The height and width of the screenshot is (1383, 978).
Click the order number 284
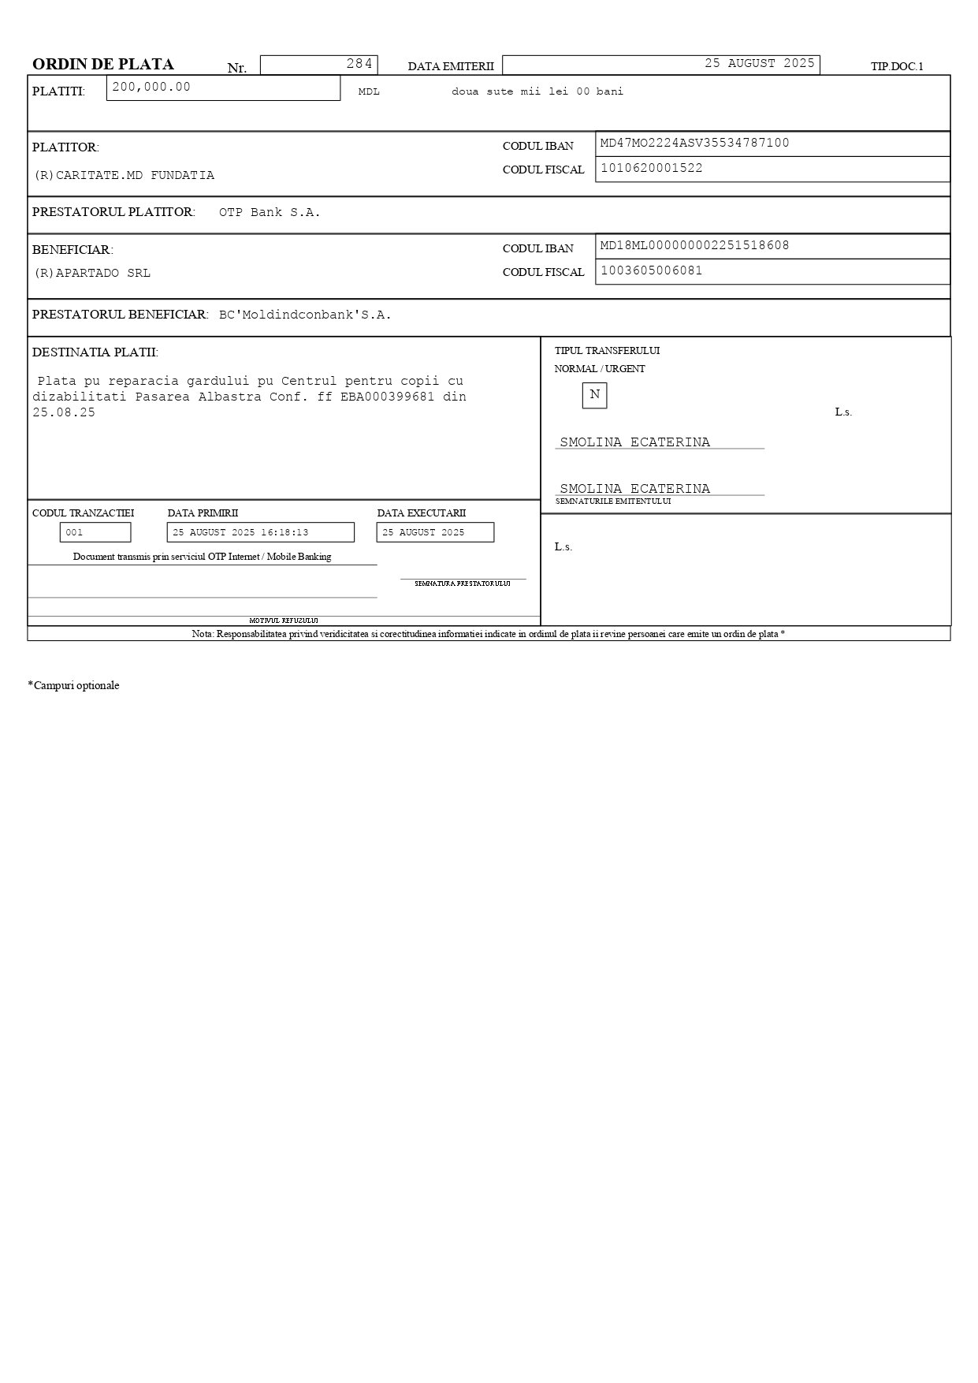(359, 64)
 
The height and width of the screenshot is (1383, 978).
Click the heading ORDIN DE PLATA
(103, 65)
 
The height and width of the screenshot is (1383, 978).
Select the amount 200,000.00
(151, 87)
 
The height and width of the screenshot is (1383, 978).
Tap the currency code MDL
(369, 92)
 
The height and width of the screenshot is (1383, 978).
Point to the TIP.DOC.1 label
(897, 67)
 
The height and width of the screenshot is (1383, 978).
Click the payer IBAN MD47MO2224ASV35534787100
(694, 143)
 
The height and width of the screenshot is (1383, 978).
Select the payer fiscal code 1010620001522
(651, 168)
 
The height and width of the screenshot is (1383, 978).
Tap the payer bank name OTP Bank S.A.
(270, 213)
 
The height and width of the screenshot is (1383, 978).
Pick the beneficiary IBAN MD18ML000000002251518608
(694, 245)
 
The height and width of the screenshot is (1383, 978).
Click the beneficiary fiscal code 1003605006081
(651, 270)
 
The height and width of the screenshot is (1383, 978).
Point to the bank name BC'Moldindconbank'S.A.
(305, 315)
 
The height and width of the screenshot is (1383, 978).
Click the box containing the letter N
(594, 395)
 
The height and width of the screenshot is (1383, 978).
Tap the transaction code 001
(75, 533)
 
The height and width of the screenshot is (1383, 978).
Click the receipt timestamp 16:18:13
(284, 533)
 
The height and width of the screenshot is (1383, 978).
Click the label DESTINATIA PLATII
(95, 352)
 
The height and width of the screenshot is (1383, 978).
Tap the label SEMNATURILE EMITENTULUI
(613, 501)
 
